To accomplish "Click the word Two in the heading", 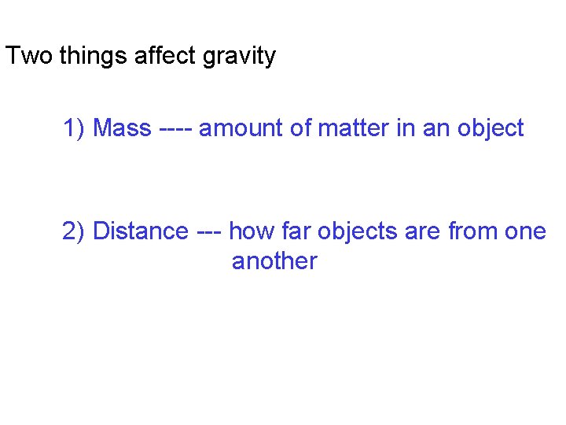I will tap(24, 57).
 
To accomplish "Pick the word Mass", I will tap(122, 128).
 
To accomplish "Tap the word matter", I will tap(353, 128).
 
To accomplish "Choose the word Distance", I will tap(141, 231).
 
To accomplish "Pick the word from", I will tap(475, 231).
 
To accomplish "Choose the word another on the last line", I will tap(274, 261).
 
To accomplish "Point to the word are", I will tap(424, 231).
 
